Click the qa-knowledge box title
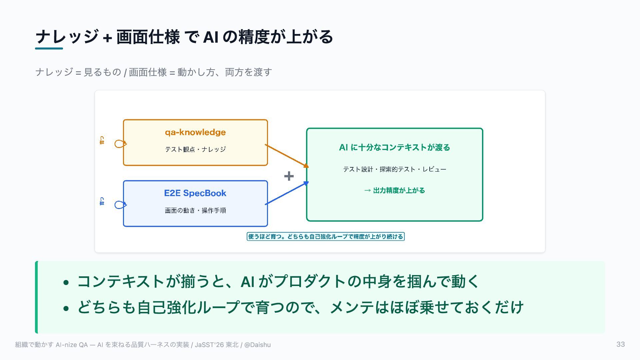(195, 132)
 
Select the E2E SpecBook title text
(195, 193)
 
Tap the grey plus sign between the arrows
(289, 176)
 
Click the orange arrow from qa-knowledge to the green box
(287, 156)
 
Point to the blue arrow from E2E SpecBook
(287, 193)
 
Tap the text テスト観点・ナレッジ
(195, 149)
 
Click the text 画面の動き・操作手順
(195, 210)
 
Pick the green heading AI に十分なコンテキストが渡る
(394, 147)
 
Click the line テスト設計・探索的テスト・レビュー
(395, 169)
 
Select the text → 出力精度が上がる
(395, 190)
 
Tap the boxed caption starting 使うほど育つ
(326, 237)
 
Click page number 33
(621, 344)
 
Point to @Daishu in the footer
(257, 345)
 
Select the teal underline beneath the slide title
(49, 48)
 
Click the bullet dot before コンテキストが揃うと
(66, 283)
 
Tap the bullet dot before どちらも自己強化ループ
(66, 308)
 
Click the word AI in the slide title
(211, 37)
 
